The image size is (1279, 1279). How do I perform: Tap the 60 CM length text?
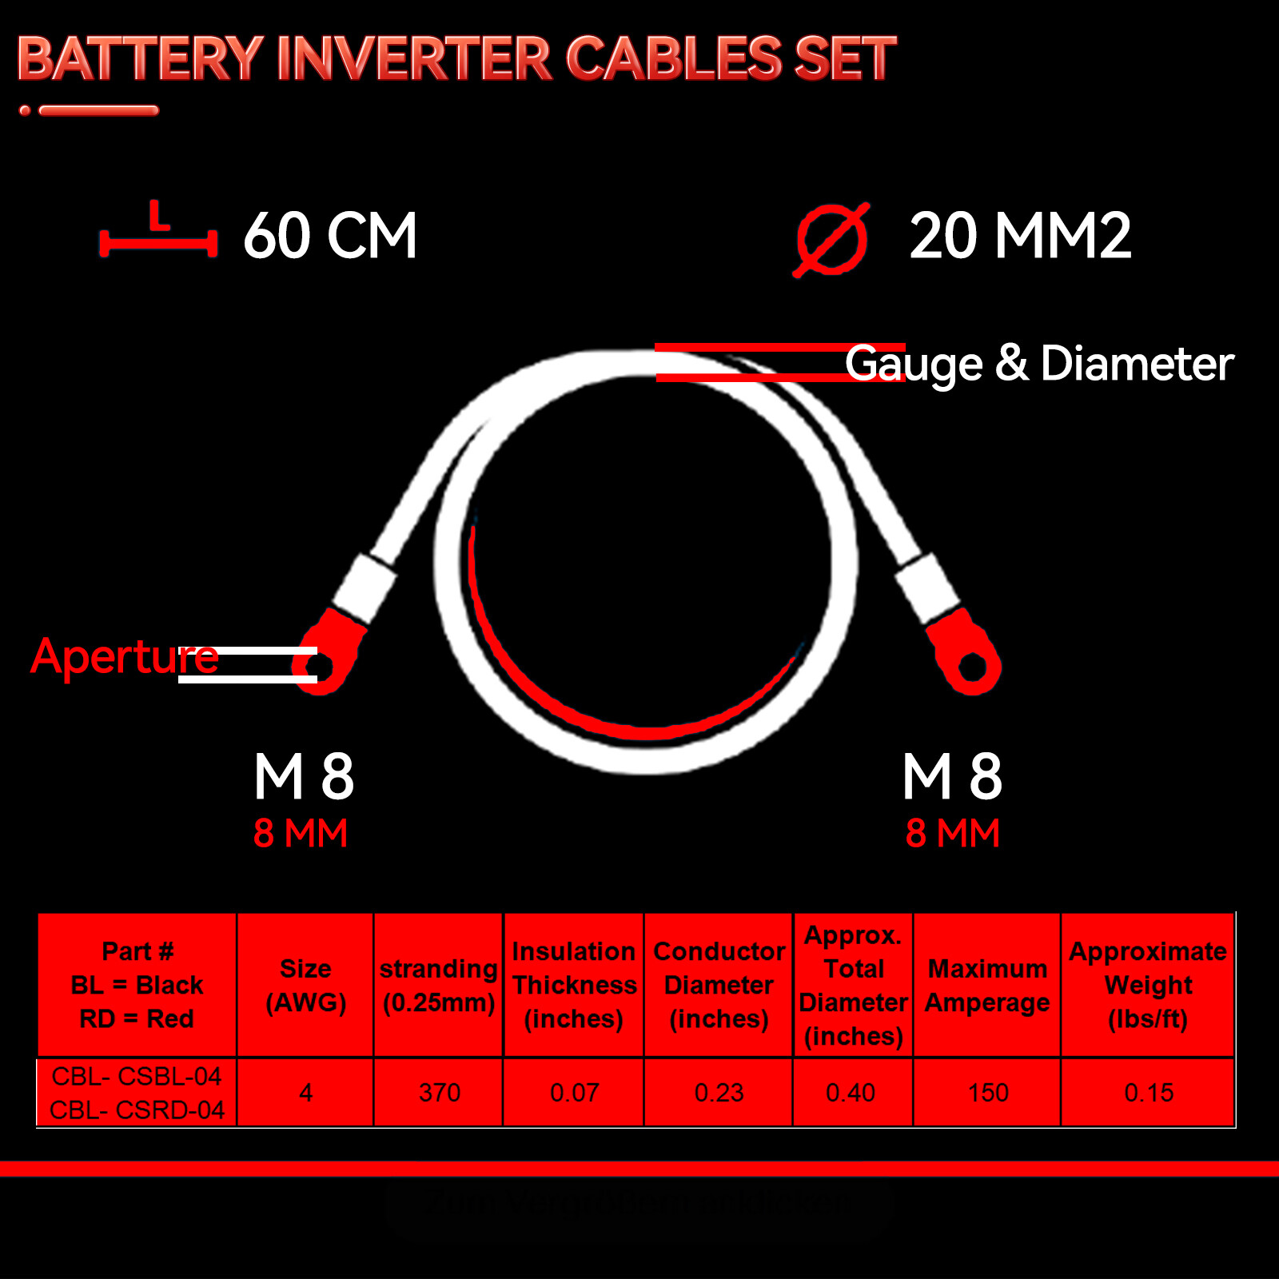pyautogui.click(x=330, y=236)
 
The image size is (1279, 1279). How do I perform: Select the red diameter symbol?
pyautogui.click(x=832, y=239)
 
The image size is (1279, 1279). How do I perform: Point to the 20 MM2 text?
pyautogui.click(x=1020, y=236)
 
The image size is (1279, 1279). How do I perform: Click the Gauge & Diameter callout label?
pyautogui.click(x=1039, y=364)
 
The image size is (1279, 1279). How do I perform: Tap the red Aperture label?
pyautogui.click(x=124, y=657)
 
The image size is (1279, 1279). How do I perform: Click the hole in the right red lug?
pyautogui.click(x=972, y=666)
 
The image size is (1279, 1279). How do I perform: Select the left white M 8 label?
pyautogui.click(x=304, y=776)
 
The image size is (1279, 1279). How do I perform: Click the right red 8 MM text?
pyautogui.click(x=952, y=834)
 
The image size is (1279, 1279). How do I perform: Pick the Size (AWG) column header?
pyautogui.click(x=305, y=985)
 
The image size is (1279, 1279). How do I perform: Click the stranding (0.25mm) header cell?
pyautogui.click(x=439, y=985)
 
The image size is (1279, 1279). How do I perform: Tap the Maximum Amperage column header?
pyautogui.click(x=987, y=985)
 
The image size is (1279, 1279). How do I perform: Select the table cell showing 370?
pyautogui.click(x=439, y=1093)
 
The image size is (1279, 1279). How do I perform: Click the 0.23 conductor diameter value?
pyautogui.click(x=719, y=1093)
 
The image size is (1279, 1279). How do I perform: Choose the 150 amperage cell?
pyautogui.click(x=987, y=1093)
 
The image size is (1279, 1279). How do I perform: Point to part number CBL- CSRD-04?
pyautogui.click(x=137, y=1110)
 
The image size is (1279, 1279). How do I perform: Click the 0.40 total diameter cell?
pyautogui.click(x=851, y=1093)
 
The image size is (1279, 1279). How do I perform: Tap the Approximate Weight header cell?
pyautogui.click(x=1148, y=985)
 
